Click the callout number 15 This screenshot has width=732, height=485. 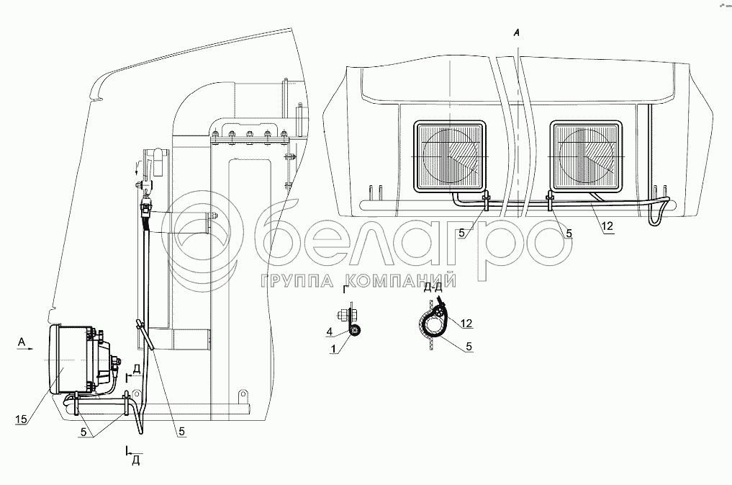click(19, 417)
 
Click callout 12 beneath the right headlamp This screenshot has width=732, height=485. click(607, 226)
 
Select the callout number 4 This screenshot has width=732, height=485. click(328, 332)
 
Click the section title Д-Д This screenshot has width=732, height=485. click(433, 288)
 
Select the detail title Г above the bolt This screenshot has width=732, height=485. click(346, 291)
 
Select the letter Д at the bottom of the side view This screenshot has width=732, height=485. click(135, 461)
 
